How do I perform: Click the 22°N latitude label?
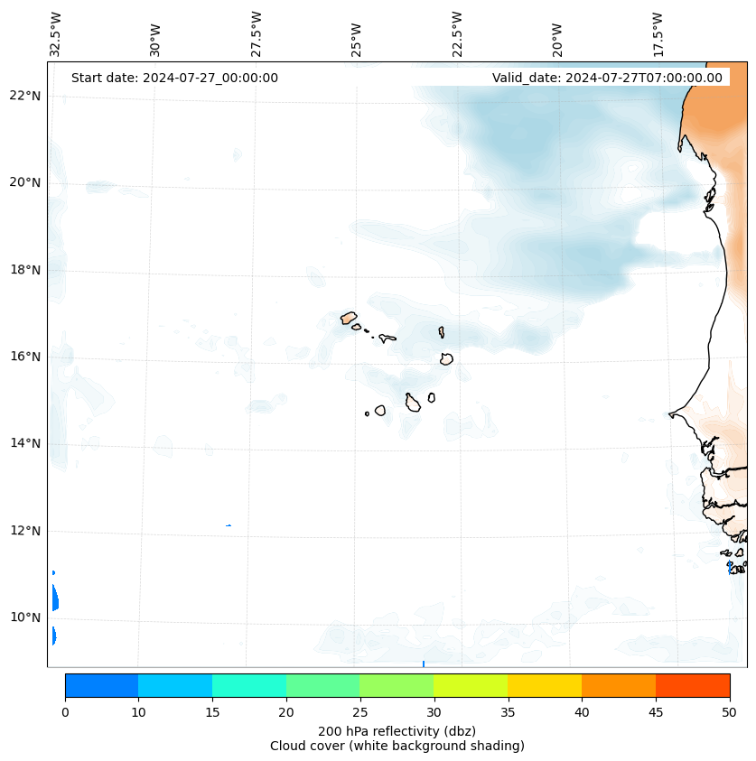coord(23,96)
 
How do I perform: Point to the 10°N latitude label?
coord(23,617)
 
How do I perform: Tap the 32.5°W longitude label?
coord(56,34)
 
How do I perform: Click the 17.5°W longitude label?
coord(658,34)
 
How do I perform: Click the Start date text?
coord(174,78)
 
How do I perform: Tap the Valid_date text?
coord(607,78)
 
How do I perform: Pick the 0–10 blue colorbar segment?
coord(101,685)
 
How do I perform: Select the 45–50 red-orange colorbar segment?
coord(693,685)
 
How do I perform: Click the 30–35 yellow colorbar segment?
coord(471,685)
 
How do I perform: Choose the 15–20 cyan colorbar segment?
coord(249,685)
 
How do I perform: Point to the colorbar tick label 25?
coord(359,712)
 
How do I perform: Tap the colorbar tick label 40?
coord(582,712)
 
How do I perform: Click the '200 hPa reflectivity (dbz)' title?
coord(397,730)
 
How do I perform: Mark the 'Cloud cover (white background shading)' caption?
coord(397,746)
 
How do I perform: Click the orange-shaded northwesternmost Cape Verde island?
coord(349,318)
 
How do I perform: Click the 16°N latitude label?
coord(23,357)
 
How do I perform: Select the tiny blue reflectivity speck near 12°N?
coord(229,525)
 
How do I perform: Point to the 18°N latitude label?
coord(23,270)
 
